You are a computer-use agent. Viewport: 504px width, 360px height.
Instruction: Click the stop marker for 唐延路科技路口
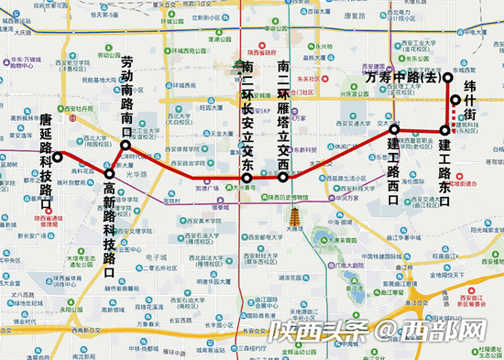[57, 156]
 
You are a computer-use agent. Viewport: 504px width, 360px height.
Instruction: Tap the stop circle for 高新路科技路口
[109, 173]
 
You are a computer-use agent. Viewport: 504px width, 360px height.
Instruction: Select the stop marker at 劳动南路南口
[126, 144]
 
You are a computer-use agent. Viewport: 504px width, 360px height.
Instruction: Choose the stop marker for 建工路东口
[444, 131]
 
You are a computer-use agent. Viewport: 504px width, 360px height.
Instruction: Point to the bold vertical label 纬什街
[468, 102]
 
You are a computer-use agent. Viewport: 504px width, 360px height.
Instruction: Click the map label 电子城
[148, 259]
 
